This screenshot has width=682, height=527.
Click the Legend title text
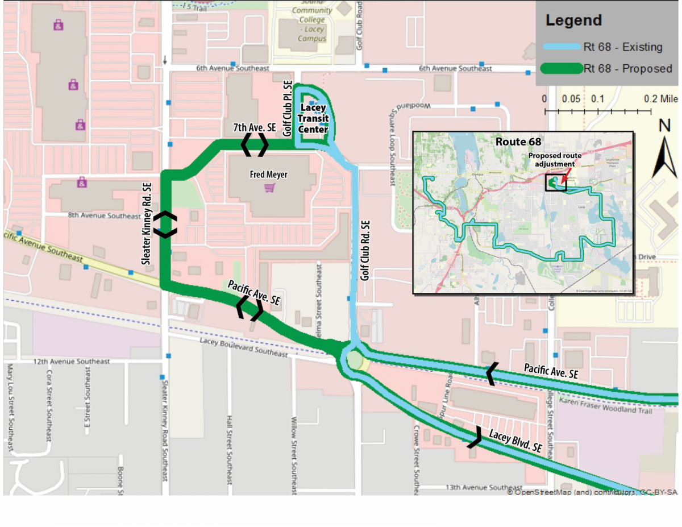pyautogui.click(x=573, y=21)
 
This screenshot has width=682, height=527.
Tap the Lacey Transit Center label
pyautogui.click(x=314, y=119)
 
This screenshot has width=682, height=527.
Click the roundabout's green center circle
pyautogui.click(x=355, y=360)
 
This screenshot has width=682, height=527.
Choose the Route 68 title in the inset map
pyautogui.click(x=518, y=142)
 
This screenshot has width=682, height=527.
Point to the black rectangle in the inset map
pyautogui.click(x=555, y=183)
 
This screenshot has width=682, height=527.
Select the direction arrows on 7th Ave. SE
pyautogui.click(x=254, y=145)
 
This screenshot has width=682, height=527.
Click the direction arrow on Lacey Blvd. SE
pyautogui.click(x=475, y=437)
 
